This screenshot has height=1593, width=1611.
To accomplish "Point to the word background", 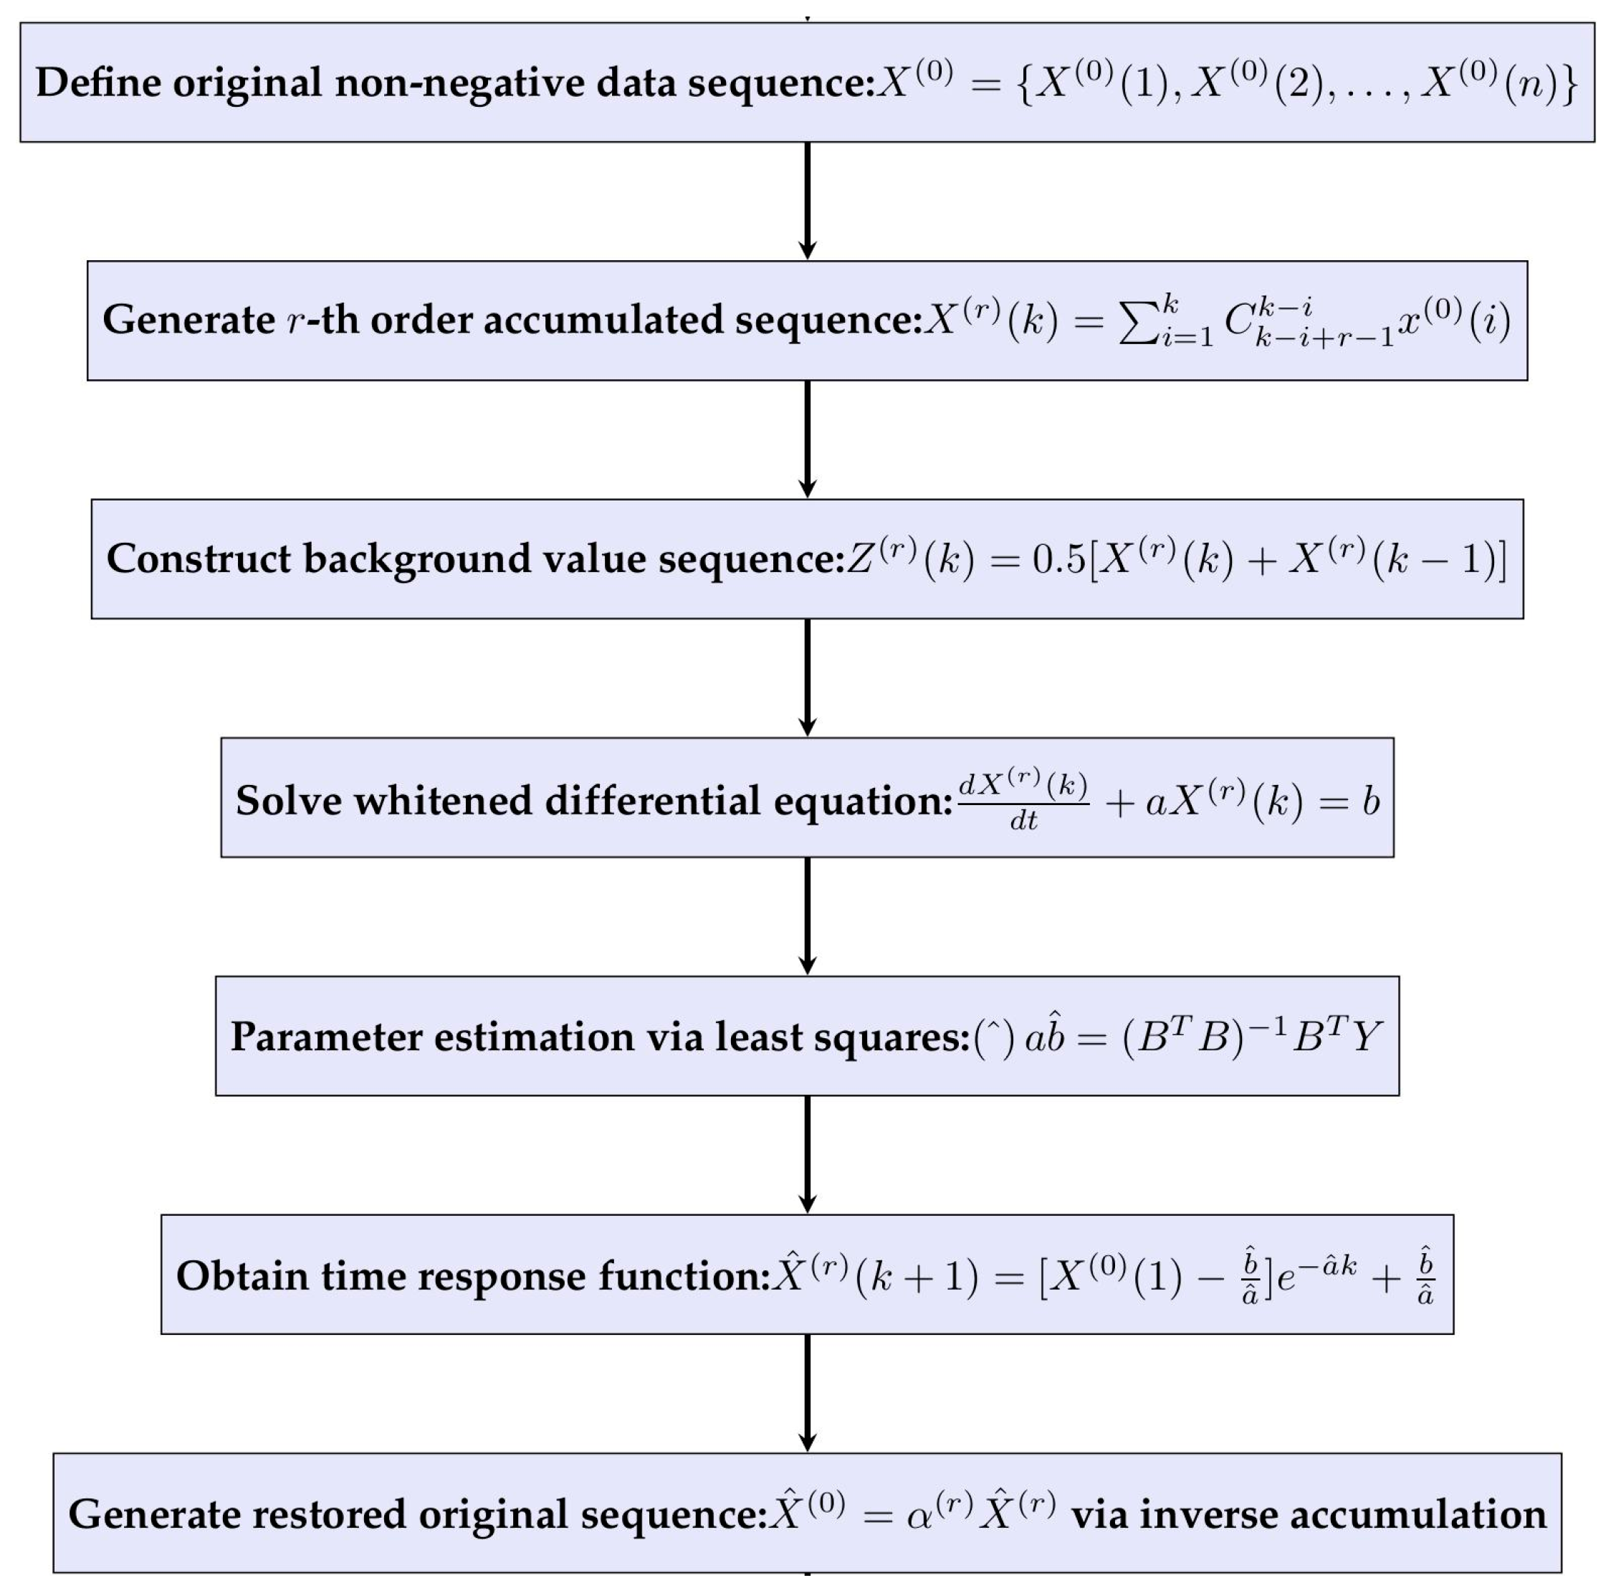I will (416, 558).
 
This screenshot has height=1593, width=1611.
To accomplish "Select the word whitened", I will (443, 801).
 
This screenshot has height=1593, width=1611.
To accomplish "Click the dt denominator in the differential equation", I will (1023, 822).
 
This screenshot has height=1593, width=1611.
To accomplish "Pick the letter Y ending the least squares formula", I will (1366, 1037).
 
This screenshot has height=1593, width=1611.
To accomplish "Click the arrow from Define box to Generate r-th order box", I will (807, 201).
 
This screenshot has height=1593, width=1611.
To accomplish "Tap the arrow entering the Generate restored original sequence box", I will (807, 1393).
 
